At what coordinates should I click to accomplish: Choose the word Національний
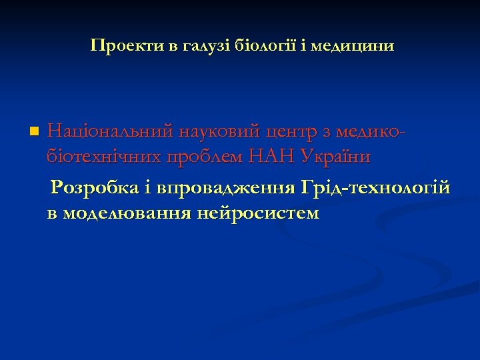pos(111,131)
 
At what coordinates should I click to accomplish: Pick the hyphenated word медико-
pos(373,131)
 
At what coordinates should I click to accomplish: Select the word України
pos(337,157)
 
